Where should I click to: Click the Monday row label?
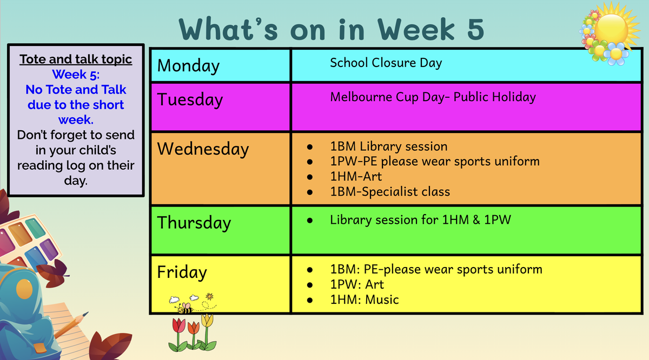[188, 66]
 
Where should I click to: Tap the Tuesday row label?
[190, 100]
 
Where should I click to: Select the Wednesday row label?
[203, 149]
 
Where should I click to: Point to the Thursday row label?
[194, 223]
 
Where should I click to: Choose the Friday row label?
[182, 272]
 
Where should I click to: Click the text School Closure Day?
[386, 63]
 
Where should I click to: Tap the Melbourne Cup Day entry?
[433, 97]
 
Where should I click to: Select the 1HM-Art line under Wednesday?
[356, 176]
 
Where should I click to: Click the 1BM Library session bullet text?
[389, 146]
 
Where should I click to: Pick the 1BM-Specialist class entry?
[390, 192]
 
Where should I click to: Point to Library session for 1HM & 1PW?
[420, 220]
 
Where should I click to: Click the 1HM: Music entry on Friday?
[365, 300]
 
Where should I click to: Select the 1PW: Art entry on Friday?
[357, 285]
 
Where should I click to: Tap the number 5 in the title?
[475, 29]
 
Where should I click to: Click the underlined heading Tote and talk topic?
[76, 59]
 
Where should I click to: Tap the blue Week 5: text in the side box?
[76, 75]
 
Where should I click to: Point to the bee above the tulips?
[185, 309]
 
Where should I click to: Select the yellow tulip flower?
[208, 321]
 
